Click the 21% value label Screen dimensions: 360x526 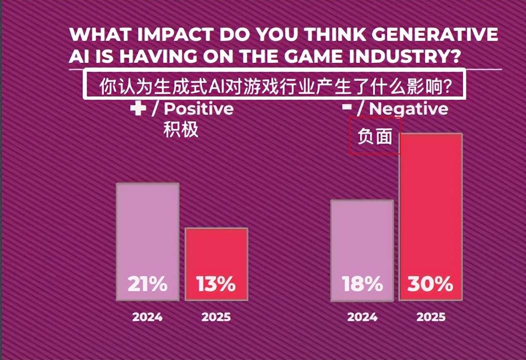point(147,284)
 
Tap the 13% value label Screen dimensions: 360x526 point(216,284)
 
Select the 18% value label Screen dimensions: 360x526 point(362,284)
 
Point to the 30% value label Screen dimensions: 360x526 point(431,284)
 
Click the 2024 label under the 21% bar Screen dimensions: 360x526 point(147,317)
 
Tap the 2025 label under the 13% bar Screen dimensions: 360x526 point(216,317)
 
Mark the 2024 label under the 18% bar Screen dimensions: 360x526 point(362,317)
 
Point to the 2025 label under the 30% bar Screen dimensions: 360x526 point(431,317)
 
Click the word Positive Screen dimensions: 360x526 point(199,109)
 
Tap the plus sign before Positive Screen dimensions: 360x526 point(138,109)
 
